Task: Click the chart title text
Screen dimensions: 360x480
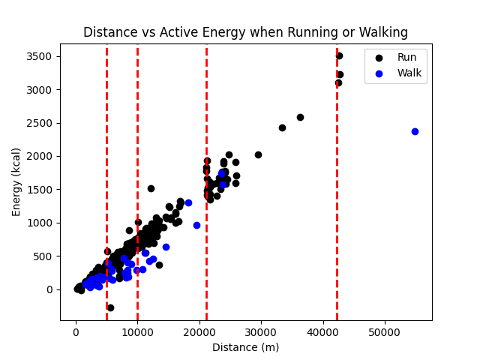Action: click(245, 33)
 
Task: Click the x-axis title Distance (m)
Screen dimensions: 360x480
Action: click(245, 347)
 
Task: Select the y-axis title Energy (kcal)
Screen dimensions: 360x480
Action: click(16, 181)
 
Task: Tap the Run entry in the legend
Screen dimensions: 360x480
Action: click(406, 57)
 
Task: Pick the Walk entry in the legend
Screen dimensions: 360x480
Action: click(409, 73)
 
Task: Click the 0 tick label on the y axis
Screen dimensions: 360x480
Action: click(49, 289)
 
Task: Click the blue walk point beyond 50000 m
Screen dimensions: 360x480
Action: click(415, 131)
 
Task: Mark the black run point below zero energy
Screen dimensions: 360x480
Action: click(110, 307)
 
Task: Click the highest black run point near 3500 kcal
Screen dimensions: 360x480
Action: click(339, 55)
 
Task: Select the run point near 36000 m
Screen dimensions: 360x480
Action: click(300, 117)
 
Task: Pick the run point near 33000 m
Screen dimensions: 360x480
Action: click(282, 127)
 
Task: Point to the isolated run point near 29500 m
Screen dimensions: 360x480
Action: click(258, 154)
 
